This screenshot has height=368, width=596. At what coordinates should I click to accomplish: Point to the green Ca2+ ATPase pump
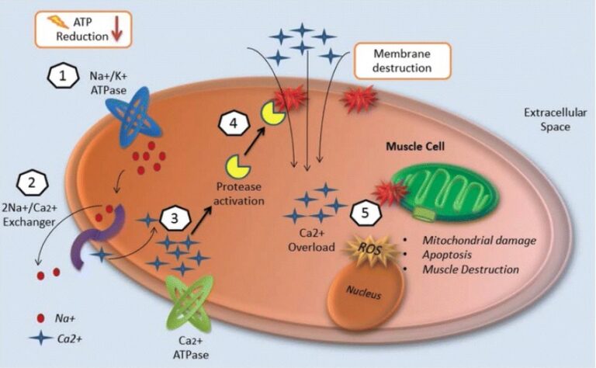point(199,304)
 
